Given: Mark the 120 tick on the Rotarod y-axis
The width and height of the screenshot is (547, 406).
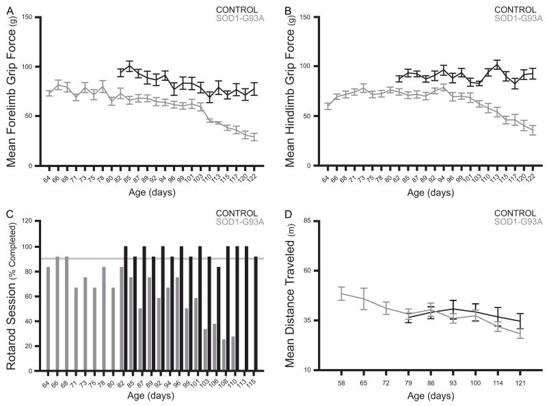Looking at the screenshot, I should (x=29, y=221).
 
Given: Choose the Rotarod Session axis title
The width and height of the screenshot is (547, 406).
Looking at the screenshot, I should (x=11, y=294).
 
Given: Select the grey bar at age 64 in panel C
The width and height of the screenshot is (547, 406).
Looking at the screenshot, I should (x=47, y=318).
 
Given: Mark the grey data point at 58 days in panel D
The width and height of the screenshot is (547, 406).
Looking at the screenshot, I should (x=341, y=294).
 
